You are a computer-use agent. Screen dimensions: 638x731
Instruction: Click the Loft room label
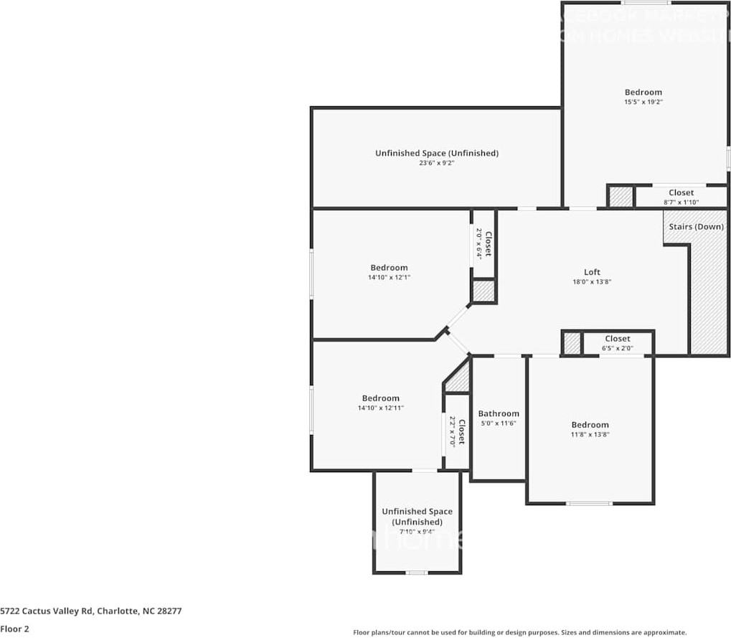[592, 272]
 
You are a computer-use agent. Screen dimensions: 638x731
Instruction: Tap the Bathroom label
[499, 413]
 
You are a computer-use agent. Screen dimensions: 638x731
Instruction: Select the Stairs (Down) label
[696, 227]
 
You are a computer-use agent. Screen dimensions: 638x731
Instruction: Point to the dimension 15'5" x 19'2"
[643, 102]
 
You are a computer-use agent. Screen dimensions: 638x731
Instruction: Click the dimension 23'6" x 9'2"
[436, 163]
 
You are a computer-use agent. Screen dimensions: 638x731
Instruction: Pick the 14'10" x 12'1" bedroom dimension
[389, 277]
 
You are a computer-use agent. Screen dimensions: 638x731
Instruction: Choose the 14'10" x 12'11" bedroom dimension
[380, 408]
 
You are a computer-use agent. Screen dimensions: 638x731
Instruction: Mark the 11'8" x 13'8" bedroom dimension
[590, 434]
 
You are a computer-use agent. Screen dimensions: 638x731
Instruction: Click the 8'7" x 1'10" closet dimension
[681, 202]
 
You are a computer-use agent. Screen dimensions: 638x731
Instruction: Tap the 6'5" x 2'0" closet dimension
[617, 348]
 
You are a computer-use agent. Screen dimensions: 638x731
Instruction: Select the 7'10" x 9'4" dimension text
[417, 532]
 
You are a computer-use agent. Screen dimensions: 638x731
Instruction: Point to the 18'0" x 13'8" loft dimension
[592, 282]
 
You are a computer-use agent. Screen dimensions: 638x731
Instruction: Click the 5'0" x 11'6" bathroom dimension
[499, 423]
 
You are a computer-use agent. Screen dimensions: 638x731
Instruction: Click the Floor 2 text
[14, 629]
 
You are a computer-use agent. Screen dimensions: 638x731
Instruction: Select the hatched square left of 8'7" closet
[621, 197]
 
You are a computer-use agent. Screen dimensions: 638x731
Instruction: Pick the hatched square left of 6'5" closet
[571, 343]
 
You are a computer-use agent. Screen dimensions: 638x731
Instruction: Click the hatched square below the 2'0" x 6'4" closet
[483, 291]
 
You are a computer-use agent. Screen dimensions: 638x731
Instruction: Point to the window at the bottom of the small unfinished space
[417, 573]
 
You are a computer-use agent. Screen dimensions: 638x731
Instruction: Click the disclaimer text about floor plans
[519, 632]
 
